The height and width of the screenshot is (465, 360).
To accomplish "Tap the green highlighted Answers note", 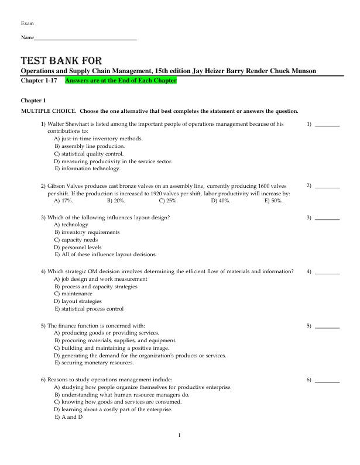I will tap(120, 80).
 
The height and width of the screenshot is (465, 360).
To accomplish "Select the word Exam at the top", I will tap(27, 23).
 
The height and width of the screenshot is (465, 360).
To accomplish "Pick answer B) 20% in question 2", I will tap(116, 200).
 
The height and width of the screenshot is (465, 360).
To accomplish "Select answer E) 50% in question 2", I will tap(273, 200).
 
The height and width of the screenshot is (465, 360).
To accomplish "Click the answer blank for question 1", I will tap(327, 125).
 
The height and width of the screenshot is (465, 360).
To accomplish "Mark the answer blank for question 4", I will tap(327, 272).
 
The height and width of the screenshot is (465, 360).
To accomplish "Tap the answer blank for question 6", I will tap(327, 381).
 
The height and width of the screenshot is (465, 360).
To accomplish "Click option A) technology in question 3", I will tap(71, 225).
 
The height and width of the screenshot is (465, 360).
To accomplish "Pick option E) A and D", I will tap(68, 417).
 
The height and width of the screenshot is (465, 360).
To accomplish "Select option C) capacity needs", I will tap(76, 240).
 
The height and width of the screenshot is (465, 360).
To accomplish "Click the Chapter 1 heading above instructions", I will tap(33, 101).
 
